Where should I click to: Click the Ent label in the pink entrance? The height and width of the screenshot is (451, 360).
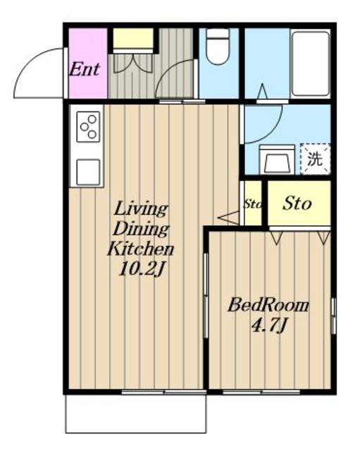pyautogui.click(x=85, y=70)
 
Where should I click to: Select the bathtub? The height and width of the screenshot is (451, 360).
pyautogui.click(x=311, y=63)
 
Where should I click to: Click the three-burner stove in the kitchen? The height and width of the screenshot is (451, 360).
pyautogui.click(x=88, y=127)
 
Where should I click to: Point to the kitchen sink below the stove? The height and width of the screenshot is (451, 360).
pyautogui.click(x=88, y=172)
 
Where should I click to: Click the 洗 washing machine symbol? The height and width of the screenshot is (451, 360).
pyautogui.click(x=315, y=159)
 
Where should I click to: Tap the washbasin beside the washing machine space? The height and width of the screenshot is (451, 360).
pyautogui.click(x=277, y=160)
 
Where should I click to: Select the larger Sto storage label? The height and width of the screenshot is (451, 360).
pyautogui.click(x=297, y=204)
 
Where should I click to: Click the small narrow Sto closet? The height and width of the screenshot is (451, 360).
pyautogui.click(x=253, y=203)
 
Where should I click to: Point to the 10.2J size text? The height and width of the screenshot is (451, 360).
pyautogui.click(x=142, y=270)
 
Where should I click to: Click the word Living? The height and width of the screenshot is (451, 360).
pyautogui.click(x=141, y=209)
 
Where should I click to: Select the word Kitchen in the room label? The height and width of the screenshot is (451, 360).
pyautogui.click(x=141, y=249)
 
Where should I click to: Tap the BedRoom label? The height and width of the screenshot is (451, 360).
pyautogui.click(x=268, y=305)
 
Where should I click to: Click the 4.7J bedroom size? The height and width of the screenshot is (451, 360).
pyautogui.click(x=269, y=326)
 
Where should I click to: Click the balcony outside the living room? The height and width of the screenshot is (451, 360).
pyautogui.click(x=136, y=414)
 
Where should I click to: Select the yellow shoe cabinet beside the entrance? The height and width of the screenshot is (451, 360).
pyautogui.click(x=132, y=39)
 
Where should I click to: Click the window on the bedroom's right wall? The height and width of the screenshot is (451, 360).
pyautogui.click(x=333, y=316)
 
